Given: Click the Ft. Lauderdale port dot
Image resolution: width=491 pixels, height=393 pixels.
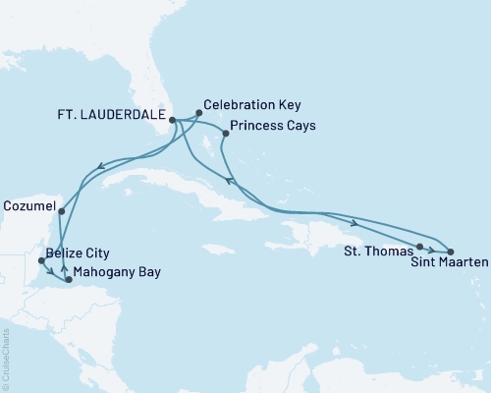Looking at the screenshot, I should click(x=173, y=121).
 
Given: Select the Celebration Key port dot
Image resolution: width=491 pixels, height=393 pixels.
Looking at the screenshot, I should click(x=199, y=113).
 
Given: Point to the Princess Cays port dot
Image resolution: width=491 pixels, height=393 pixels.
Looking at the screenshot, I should click(x=226, y=134).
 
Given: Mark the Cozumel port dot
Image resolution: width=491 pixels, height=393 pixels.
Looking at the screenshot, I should click(x=61, y=211).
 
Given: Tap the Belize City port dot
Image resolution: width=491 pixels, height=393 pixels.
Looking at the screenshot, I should click(x=40, y=261).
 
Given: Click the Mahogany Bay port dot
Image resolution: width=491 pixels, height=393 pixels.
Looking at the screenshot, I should click(x=68, y=281).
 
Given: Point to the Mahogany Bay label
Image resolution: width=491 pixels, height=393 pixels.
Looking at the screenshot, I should click(x=119, y=271).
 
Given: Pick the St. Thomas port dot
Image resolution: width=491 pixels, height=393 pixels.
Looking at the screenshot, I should click(x=419, y=247).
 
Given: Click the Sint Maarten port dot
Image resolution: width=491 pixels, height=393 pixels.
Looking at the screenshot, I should click(x=451, y=253).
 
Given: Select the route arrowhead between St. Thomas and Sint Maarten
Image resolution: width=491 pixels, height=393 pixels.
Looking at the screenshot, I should click(x=433, y=250).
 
